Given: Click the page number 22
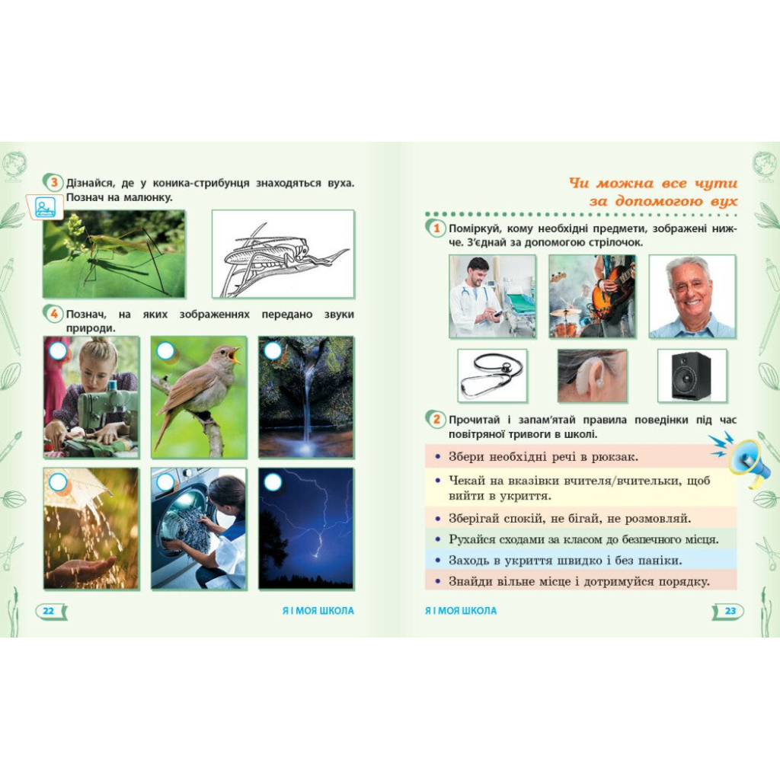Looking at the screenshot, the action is [48, 610].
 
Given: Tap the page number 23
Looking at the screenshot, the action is [730, 610].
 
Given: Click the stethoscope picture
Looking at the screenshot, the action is [492, 376].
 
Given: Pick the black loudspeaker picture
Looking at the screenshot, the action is [692, 376].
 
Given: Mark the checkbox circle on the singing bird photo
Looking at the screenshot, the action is [165, 351].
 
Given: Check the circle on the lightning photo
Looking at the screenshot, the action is [273, 482].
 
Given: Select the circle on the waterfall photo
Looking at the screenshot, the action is [273, 351].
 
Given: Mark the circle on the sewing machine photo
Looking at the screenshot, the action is [58, 351].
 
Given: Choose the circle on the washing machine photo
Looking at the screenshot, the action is [165, 482].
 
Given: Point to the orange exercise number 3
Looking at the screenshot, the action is [54, 183].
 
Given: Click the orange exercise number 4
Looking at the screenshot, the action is [54, 314].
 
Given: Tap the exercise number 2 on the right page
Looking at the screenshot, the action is [436, 420].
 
